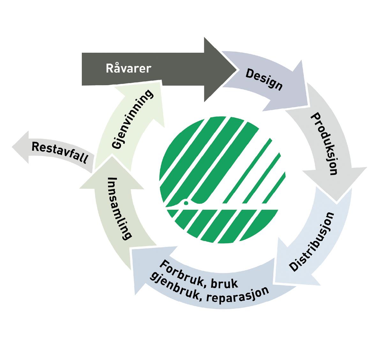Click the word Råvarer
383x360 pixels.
pos(128,69)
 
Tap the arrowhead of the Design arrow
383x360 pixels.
pos(300,86)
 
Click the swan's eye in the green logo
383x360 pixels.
pos(186,202)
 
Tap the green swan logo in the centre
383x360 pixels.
pos(222,179)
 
